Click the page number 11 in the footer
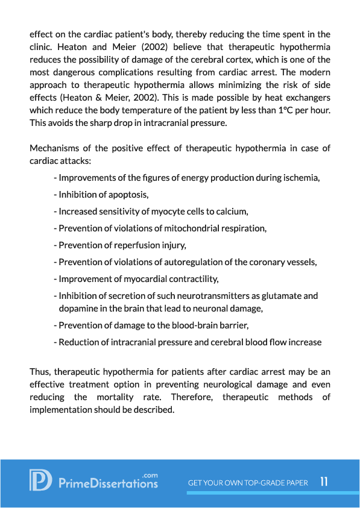pyautogui.click(x=324, y=482)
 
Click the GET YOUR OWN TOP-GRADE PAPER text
pyautogui.click(x=248, y=483)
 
